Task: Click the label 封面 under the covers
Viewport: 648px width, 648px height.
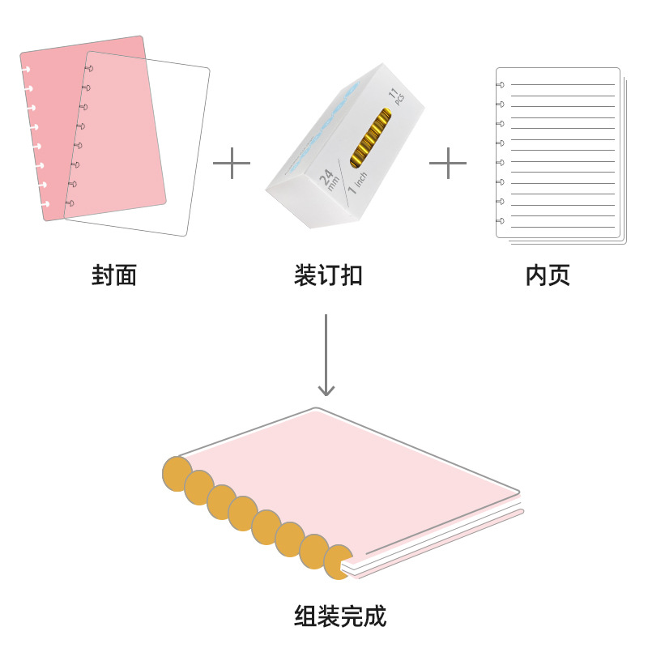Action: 114,275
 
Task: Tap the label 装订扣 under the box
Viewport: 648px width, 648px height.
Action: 327,275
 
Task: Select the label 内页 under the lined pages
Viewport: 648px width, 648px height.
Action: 548,275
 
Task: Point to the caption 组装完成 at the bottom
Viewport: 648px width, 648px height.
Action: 340,616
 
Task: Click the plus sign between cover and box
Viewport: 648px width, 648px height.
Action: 232,163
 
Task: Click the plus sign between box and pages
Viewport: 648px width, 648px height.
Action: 448,163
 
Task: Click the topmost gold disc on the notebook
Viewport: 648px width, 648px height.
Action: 177,474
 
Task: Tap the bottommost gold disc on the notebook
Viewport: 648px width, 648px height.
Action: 338,561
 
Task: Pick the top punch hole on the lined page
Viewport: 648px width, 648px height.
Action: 500,84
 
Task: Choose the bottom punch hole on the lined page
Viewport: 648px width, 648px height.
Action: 500,220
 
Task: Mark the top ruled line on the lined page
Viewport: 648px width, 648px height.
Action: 562,84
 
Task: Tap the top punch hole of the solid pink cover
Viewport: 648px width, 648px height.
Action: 27,70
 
